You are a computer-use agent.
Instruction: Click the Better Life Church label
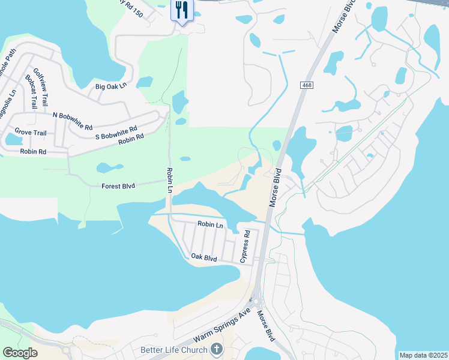coord(174,350)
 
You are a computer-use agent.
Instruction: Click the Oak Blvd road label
coord(203,257)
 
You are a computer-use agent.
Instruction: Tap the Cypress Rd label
coord(244,246)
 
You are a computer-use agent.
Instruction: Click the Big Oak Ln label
coord(112,86)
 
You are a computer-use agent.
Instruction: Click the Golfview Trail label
coord(40,88)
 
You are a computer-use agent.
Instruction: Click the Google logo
coord(20,352)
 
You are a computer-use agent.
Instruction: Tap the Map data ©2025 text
coord(423,355)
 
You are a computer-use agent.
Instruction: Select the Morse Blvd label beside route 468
coord(278,188)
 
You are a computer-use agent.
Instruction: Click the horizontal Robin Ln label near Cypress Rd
coord(211,225)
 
